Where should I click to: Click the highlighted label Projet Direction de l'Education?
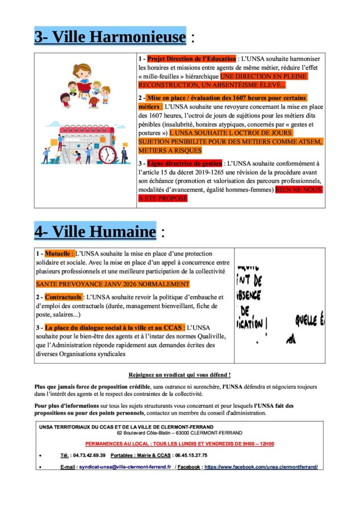[x=191, y=59]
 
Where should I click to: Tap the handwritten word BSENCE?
[x=249, y=295]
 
